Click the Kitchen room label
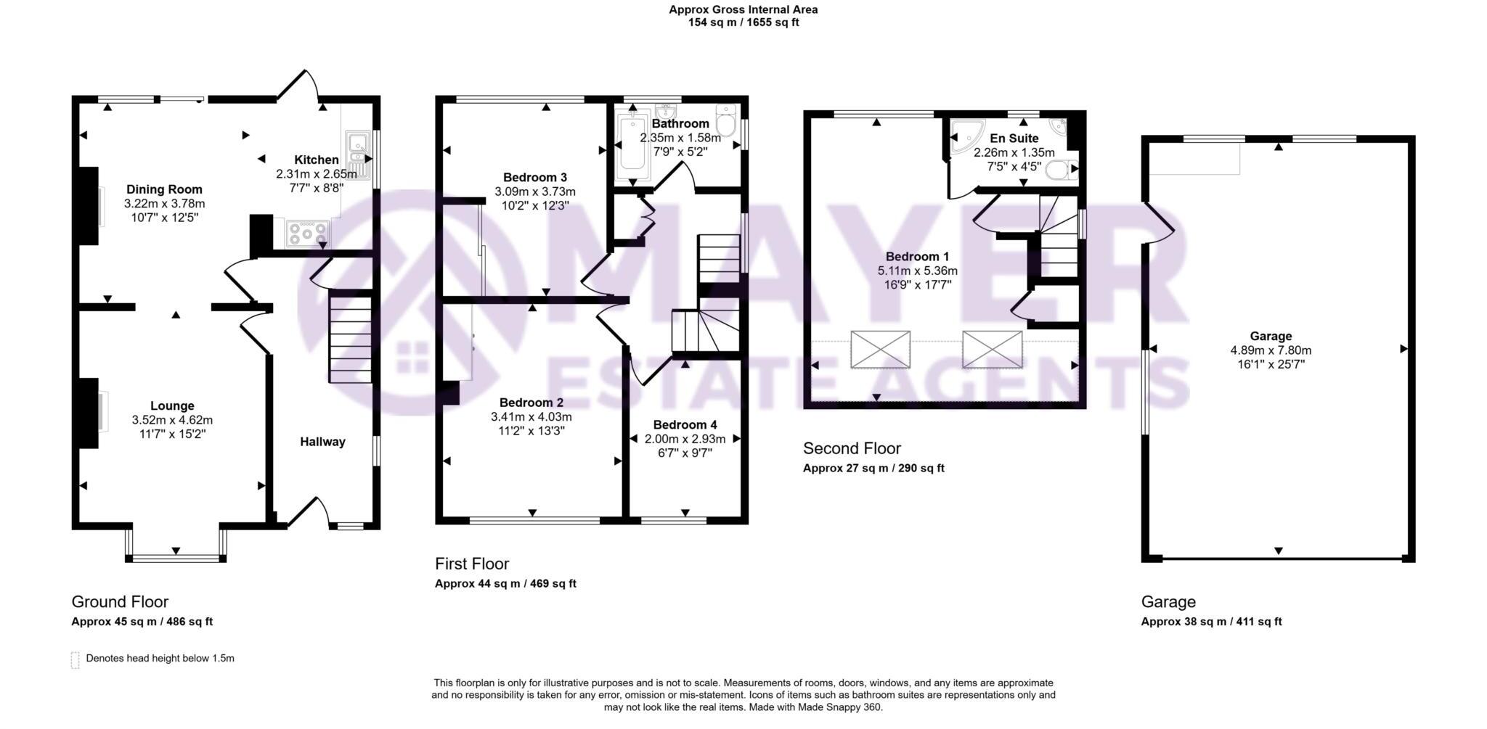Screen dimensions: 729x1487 [x=316, y=160]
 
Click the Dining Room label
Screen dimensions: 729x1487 [x=164, y=190]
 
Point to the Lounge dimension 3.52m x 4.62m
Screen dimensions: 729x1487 [x=172, y=420]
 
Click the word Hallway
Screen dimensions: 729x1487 [x=322, y=442]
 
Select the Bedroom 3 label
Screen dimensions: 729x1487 [x=534, y=177]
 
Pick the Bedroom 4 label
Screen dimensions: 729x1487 [x=685, y=425]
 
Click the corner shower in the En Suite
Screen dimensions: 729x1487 [x=965, y=137]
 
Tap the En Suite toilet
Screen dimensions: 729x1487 [x=1061, y=170]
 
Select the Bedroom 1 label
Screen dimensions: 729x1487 [x=917, y=257]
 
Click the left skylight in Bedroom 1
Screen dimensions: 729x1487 [x=880, y=349]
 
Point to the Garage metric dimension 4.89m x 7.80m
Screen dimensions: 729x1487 [x=1271, y=350]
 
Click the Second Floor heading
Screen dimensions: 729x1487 [x=852, y=448]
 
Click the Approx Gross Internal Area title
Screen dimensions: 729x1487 [x=743, y=9]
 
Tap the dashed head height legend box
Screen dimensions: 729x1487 [x=75, y=659]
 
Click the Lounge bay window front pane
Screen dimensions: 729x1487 [x=176, y=558]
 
